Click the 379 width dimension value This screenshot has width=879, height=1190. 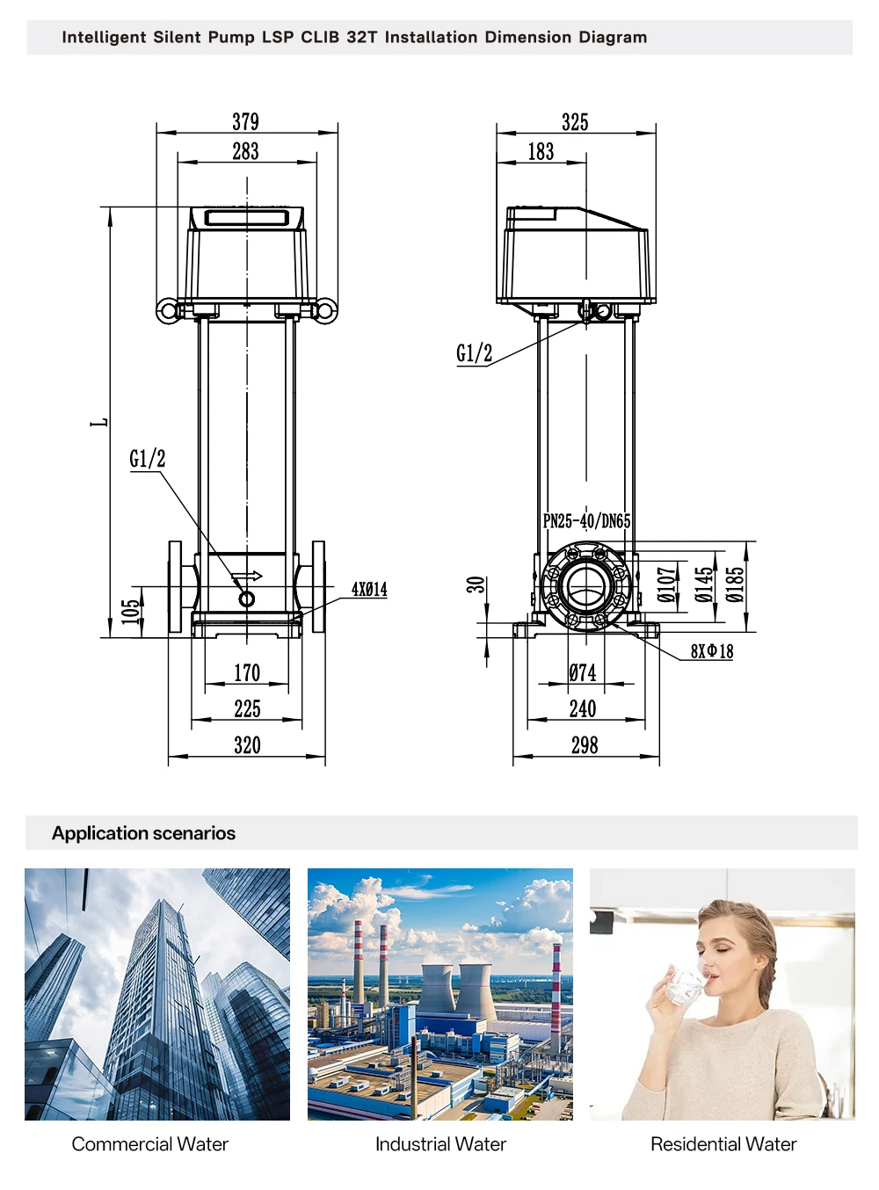tap(246, 122)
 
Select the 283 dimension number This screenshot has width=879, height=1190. tap(246, 151)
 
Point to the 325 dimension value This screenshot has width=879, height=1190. tap(575, 122)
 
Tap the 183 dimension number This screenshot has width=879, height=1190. tap(541, 152)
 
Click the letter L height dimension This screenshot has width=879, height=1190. tap(99, 422)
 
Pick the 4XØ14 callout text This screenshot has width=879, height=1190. tap(369, 589)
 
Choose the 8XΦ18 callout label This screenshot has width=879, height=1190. tap(712, 651)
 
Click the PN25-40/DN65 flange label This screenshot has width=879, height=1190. tap(586, 520)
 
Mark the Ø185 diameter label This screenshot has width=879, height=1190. tap(735, 584)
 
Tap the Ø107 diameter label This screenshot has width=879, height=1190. tap(666, 584)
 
